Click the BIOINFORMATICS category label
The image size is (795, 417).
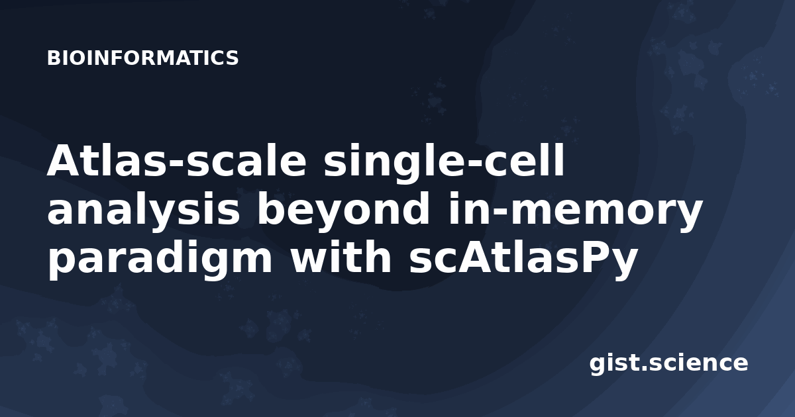click(x=142, y=58)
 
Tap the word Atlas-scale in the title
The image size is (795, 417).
click(x=176, y=160)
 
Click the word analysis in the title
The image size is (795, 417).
click(x=143, y=211)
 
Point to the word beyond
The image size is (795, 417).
click(x=344, y=211)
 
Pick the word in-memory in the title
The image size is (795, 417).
click(x=575, y=211)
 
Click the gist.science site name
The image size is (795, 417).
click(x=668, y=364)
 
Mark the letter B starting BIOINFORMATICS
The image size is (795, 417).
click(x=54, y=58)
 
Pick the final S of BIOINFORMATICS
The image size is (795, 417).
click(x=232, y=58)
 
